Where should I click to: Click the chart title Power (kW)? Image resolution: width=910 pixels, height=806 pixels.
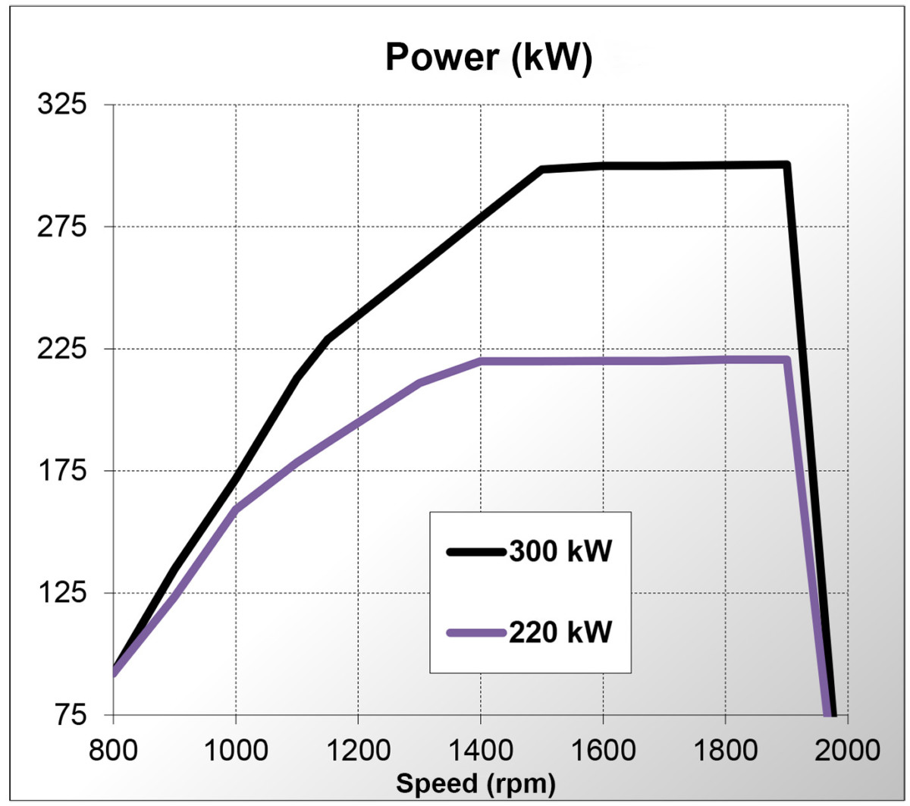[489, 58]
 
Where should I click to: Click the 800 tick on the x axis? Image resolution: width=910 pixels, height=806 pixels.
[114, 750]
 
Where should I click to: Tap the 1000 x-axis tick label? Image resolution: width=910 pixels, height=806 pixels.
[236, 750]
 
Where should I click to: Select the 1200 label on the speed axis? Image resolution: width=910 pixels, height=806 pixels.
[358, 750]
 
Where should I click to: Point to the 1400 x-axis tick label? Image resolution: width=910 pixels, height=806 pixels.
[481, 750]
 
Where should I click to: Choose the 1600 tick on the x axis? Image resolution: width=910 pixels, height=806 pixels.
[603, 750]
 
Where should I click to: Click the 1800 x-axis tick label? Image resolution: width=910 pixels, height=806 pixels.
[725, 750]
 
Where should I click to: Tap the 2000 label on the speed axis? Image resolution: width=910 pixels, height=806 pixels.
[847, 750]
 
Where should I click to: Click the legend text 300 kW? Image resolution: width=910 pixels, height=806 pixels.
[560, 552]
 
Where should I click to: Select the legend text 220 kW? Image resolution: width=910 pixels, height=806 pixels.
[560, 632]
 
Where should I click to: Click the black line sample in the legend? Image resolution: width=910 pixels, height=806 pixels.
[476, 552]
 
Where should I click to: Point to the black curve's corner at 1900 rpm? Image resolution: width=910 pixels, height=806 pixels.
[786, 165]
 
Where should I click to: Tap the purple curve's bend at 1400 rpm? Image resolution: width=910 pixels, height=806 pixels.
[481, 361]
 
